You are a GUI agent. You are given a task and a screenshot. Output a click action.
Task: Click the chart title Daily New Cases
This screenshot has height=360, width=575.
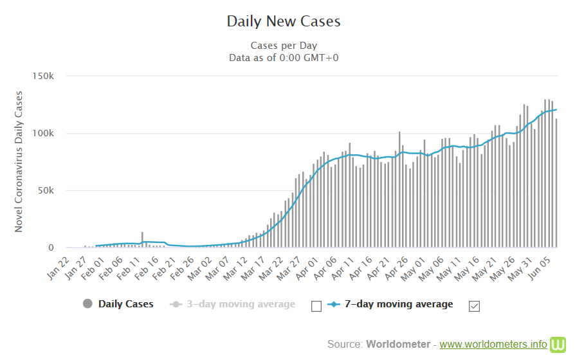pos(284,21)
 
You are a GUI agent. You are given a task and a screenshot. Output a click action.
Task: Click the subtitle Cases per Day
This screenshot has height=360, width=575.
pos(284,46)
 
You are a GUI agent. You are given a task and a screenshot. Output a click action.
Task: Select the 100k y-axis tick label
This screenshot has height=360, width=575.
pos(51,133)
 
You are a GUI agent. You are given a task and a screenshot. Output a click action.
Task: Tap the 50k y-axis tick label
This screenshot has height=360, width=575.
pos(54,190)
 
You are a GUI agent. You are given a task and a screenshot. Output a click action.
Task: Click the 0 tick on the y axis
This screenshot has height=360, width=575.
pos(60,248)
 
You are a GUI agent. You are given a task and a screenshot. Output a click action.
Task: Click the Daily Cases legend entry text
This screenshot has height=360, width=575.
pos(126,304)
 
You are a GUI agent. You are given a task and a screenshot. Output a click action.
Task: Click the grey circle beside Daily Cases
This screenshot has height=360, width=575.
pos(87,304)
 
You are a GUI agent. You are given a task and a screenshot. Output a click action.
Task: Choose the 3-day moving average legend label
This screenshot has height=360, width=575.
pos(241,304)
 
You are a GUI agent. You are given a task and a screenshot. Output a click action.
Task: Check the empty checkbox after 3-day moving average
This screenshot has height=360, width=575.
pos(316,306)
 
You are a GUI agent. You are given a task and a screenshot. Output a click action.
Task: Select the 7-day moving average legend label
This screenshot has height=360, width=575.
pos(399,304)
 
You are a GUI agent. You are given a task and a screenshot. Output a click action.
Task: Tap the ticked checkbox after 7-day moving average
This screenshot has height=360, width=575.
pos(475,306)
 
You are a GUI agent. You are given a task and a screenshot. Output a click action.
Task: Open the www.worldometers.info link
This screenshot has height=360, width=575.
pos(493,344)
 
